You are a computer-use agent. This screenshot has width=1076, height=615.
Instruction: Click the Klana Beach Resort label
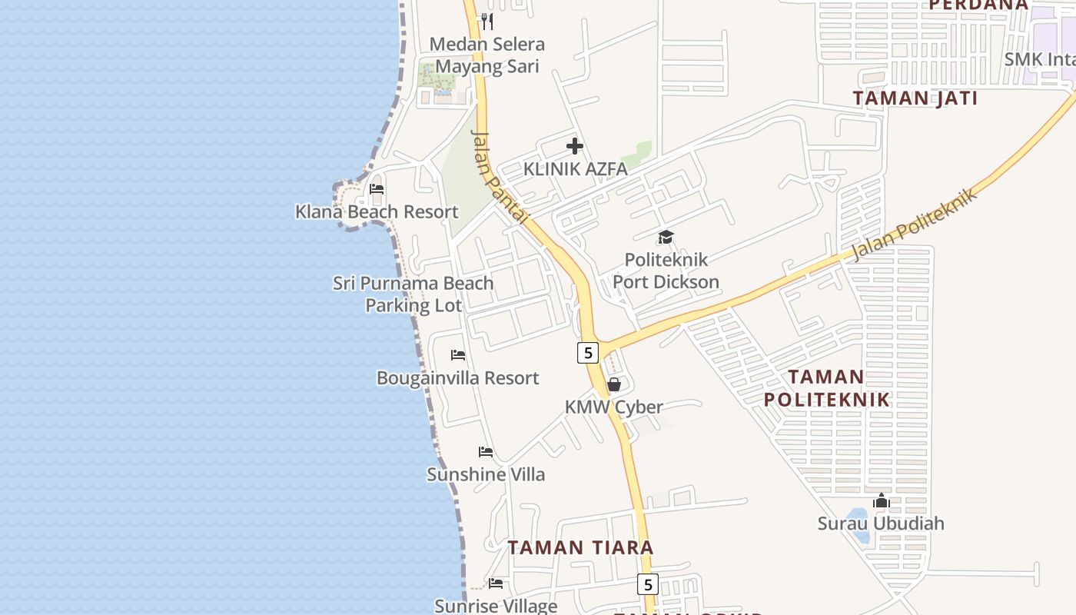pyautogui.click(x=377, y=211)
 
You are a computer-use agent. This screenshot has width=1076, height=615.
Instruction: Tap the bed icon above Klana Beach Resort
pyautogui.click(x=377, y=188)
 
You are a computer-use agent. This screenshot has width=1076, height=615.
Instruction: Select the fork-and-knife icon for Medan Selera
pyautogui.click(x=487, y=21)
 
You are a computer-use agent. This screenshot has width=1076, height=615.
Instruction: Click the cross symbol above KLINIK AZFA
pyautogui.click(x=575, y=146)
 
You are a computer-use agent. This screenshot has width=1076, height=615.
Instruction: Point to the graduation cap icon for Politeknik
pyautogui.click(x=666, y=237)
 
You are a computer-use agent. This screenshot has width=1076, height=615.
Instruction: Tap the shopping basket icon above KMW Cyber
pyautogui.click(x=614, y=384)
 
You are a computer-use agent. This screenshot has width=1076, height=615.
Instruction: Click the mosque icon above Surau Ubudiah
pyautogui.click(x=881, y=501)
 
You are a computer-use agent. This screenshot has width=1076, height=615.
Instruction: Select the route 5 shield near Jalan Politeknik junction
pyautogui.click(x=588, y=353)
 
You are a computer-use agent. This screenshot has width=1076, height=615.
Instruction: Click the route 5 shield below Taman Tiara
pyautogui.click(x=648, y=584)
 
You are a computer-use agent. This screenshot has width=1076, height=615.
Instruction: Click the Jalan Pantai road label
pyautogui.click(x=500, y=177)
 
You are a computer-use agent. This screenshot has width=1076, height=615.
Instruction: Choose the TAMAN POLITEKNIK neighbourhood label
pyautogui.click(x=826, y=388)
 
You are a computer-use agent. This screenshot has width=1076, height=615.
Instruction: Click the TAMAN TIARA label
pyautogui.click(x=580, y=547)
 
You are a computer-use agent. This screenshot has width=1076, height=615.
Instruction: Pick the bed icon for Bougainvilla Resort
pyautogui.click(x=458, y=355)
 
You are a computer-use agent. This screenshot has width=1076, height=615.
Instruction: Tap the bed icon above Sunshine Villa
pyautogui.click(x=486, y=452)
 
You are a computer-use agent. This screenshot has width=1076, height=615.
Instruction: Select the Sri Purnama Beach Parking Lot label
pyautogui.click(x=413, y=294)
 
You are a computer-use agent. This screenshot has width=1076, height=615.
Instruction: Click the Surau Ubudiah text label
pyautogui.click(x=881, y=524)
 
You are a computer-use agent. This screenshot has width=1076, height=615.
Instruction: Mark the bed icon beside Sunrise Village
pyautogui.click(x=496, y=583)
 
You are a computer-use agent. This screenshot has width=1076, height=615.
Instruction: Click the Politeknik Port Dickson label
pyautogui.click(x=666, y=271)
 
